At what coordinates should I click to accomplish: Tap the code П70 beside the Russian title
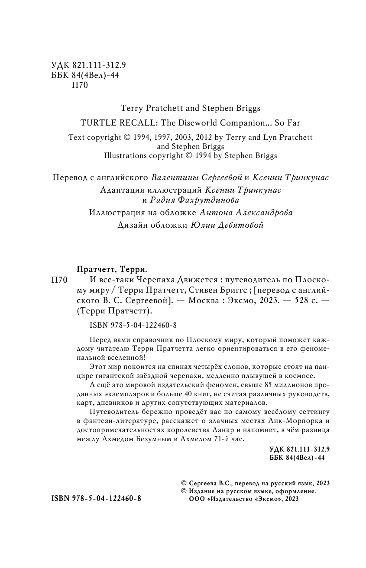[x=60, y=280]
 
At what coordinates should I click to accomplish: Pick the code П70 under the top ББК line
[x=79, y=85]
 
